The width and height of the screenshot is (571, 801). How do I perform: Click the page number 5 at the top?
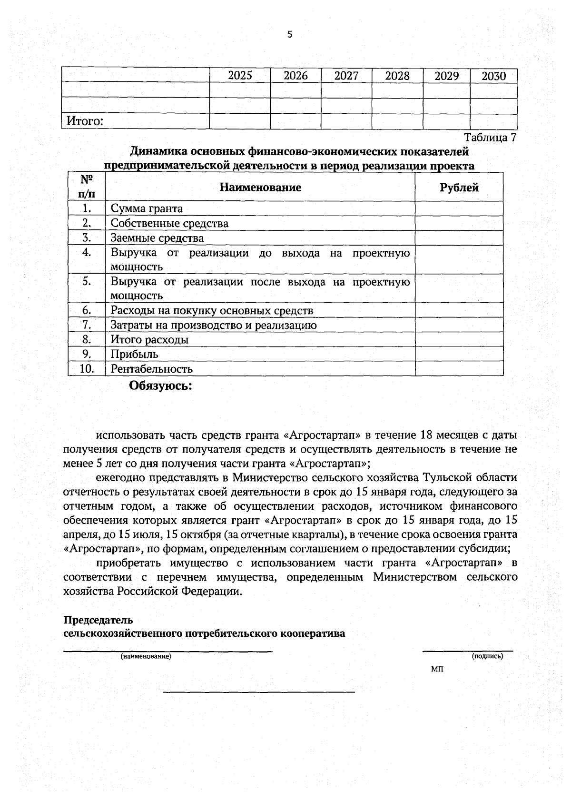289,34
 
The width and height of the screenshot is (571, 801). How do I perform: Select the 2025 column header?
240,76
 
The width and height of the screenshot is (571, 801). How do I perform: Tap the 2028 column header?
397,76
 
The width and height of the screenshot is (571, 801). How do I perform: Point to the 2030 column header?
493,76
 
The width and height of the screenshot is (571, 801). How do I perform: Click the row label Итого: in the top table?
85,121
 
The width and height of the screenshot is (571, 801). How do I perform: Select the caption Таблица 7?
490,138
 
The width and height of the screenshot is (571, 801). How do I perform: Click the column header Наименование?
260,187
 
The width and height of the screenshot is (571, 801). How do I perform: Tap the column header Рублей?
459,188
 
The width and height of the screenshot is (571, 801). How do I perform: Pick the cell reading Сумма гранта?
147,208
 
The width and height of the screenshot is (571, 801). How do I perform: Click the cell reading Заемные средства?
157,238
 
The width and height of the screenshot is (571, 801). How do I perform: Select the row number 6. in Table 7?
86,310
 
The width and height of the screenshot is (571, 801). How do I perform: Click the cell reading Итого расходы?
149,340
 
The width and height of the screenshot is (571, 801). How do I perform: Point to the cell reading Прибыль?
134,354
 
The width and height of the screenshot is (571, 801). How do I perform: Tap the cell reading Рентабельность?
151,369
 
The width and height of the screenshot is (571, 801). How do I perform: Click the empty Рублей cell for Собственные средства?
459,223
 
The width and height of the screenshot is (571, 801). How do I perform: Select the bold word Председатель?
98,620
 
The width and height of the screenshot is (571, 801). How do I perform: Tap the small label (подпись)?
487,656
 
